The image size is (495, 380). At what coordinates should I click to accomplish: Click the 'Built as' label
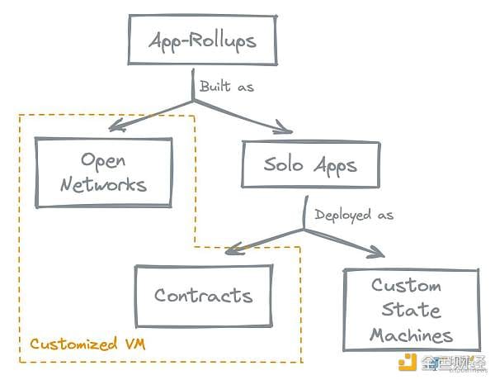click(x=227, y=87)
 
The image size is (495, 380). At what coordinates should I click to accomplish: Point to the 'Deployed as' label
click(x=354, y=216)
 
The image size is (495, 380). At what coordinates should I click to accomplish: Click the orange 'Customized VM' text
click(x=87, y=344)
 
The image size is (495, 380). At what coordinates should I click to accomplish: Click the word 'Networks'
click(x=104, y=185)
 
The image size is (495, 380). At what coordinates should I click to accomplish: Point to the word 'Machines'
click(x=412, y=335)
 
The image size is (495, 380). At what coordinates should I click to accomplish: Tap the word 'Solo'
click(x=283, y=164)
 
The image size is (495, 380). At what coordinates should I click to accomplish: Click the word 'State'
click(x=411, y=310)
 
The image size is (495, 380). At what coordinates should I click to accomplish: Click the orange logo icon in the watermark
click(x=408, y=363)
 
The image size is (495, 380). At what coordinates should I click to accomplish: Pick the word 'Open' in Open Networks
click(x=103, y=161)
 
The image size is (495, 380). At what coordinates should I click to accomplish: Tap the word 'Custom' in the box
click(x=406, y=285)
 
